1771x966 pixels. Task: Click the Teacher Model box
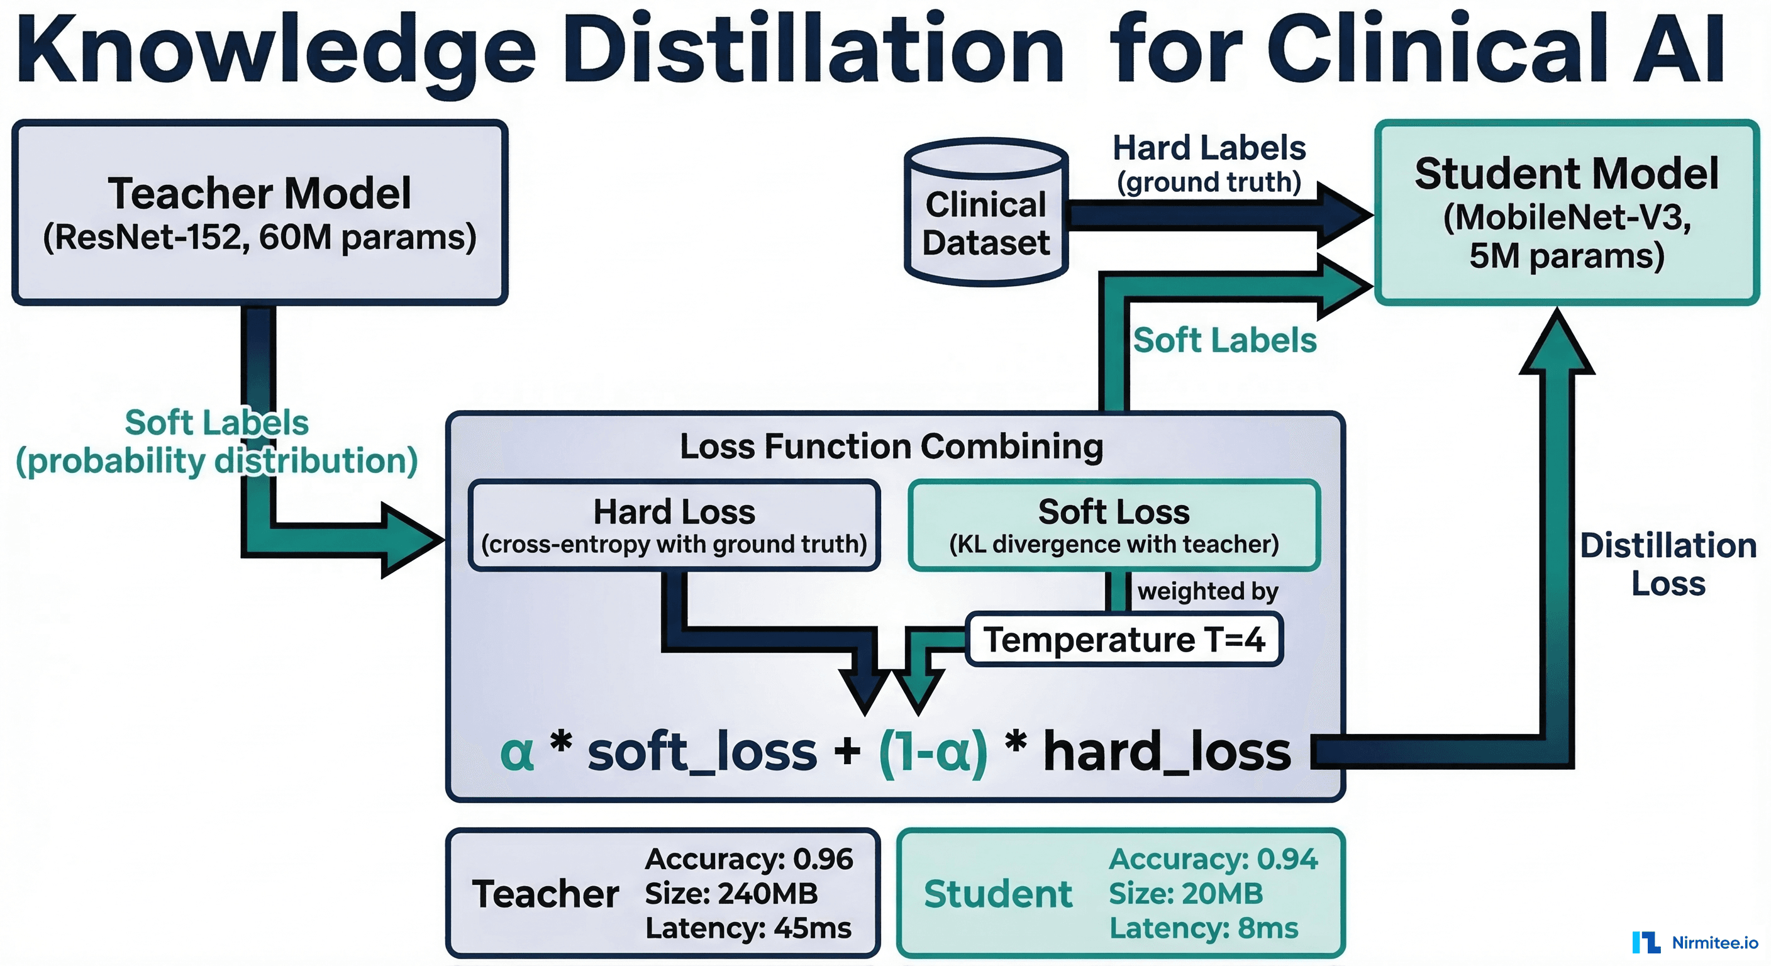point(260,213)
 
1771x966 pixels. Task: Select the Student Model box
point(1566,213)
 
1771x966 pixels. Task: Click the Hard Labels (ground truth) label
point(1209,164)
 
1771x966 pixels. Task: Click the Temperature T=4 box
point(1124,640)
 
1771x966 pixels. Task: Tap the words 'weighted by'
point(1207,591)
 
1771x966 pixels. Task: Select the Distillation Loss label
point(1668,563)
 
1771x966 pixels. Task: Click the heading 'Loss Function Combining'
point(892,447)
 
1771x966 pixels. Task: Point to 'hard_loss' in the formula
point(1167,752)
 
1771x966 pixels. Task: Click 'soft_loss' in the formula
point(702,752)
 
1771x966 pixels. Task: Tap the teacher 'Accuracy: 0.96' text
point(748,858)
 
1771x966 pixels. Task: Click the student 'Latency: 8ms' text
point(1203,928)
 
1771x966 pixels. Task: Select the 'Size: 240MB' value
point(731,894)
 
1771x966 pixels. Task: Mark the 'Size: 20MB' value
point(1185,894)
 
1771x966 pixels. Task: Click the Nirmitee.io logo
point(1694,943)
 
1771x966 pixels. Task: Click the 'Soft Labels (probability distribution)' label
point(216,441)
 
